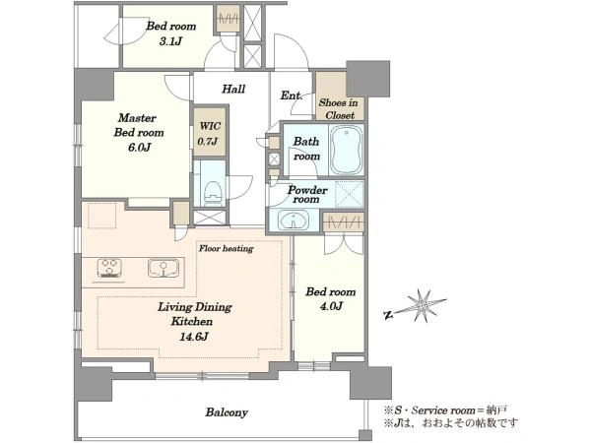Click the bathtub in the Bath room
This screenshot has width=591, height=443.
point(347,150)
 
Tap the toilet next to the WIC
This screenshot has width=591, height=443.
point(213,193)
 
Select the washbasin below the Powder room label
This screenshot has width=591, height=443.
point(294,220)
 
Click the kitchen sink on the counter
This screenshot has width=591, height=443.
point(164,268)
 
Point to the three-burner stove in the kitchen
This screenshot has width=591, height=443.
point(109,268)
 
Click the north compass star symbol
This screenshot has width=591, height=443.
point(423,305)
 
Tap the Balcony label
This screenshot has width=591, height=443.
point(227,412)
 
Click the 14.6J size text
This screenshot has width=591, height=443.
point(194,337)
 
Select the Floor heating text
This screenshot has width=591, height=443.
point(227,249)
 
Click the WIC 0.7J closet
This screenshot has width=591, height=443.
point(210,132)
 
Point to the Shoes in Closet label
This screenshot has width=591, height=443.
point(339,108)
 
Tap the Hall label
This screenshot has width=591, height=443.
point(233,90)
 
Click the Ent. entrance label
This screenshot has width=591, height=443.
point(292,95)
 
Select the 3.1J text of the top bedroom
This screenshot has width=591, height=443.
point(170,41)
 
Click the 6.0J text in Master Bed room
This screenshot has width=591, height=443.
point(139,148)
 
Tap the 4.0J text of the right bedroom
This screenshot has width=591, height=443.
point(331,306)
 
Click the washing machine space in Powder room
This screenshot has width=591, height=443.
point(350,194)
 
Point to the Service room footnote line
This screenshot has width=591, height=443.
point(445,411)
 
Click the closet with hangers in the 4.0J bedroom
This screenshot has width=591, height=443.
point(344,222)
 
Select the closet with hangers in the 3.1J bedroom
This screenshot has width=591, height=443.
point(228,18)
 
